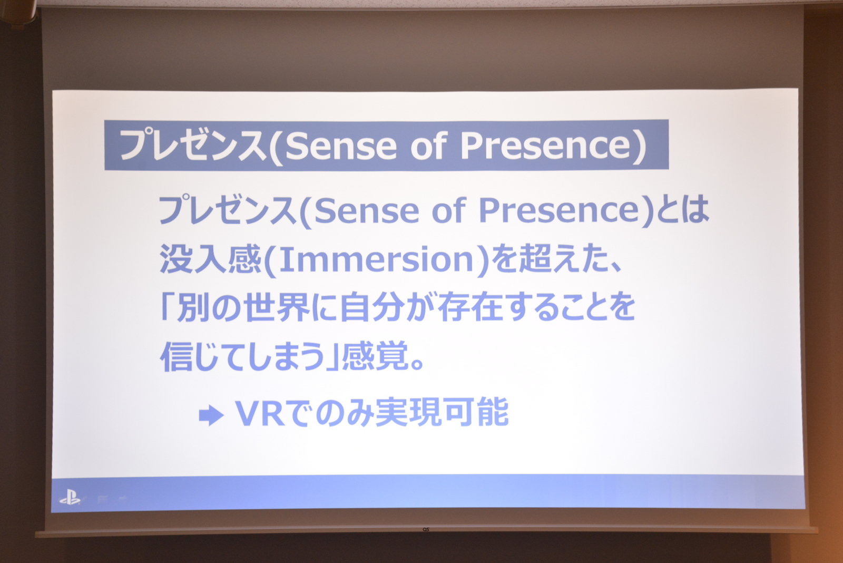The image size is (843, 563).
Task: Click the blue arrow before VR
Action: [x=211, y=415]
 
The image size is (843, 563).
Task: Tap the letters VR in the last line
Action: [x=259, y=413]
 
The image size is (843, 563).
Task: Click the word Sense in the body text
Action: [x=366, y=211]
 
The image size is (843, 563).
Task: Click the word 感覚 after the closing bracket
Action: [x=375, y=355]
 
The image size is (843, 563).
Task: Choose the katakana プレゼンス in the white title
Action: [x=192, y=145]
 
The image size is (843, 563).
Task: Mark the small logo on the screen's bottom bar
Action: [x=426, y=529]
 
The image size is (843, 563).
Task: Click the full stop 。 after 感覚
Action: [x=417, y=364]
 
